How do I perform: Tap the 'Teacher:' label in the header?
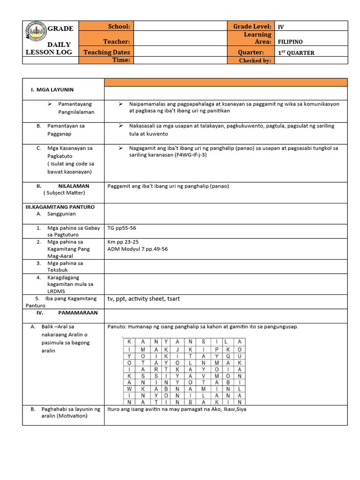(x=117, y=42)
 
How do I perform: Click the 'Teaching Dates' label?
(x=107, y=52)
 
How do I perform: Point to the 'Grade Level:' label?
(x=252, y=27)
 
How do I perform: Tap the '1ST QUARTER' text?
(x=296, y=53)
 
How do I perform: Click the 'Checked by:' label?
(x=255, y=60)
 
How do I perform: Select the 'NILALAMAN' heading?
(x=74, y=186)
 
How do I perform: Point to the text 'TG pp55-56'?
(x=122, y=228)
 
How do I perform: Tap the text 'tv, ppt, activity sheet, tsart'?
(x=143, y=299)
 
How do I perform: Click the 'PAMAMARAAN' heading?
(x=75, y=312)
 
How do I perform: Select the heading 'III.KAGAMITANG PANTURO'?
(x=60, y=207)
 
